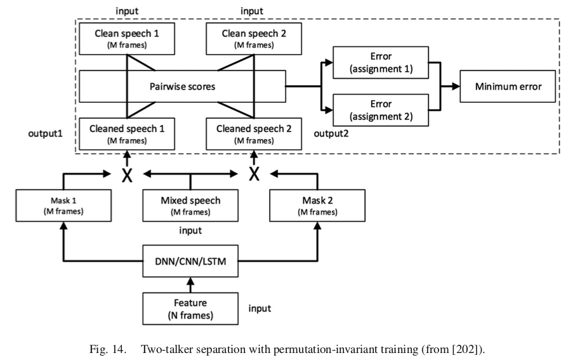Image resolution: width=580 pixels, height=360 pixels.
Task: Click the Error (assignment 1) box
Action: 381,64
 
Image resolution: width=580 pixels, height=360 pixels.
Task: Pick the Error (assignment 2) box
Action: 381,110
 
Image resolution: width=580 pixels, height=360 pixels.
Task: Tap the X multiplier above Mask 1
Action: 127,173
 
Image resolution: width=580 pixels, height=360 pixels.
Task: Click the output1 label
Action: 46,135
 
